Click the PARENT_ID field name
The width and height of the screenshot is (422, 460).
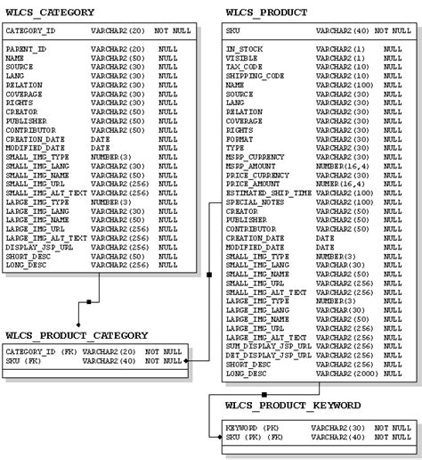pyautogui.click(x=27, y=48)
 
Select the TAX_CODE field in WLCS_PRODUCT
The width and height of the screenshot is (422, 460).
pyautogui.click(x=243, y=67)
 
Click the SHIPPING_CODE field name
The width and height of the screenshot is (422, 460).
pyautogui.click(x=255, y=76)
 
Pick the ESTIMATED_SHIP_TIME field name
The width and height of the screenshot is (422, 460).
pyautogui.click(x=268, y=193)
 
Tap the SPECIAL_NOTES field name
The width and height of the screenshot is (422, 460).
pyautogui.click(x=254, y=202)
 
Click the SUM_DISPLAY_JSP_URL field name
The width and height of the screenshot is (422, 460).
pyautogui.click(x=268, y=346)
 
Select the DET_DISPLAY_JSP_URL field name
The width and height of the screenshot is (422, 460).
pyautogui.click(x=268, y=355)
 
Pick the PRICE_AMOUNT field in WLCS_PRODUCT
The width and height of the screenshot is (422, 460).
pyautogui.click(x=251, y=184)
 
